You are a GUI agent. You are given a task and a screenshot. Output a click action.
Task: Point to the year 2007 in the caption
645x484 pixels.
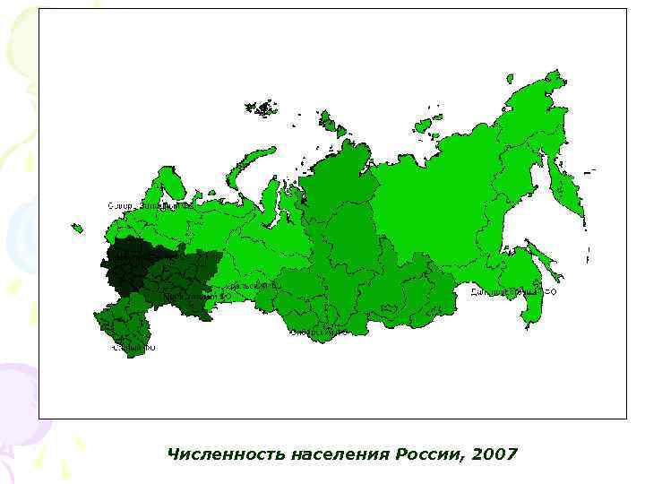coord(497,454)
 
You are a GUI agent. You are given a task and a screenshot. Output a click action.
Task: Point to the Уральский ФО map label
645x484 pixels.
coord(244,285)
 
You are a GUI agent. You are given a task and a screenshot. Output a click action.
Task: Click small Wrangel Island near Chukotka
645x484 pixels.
coord(508,78)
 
